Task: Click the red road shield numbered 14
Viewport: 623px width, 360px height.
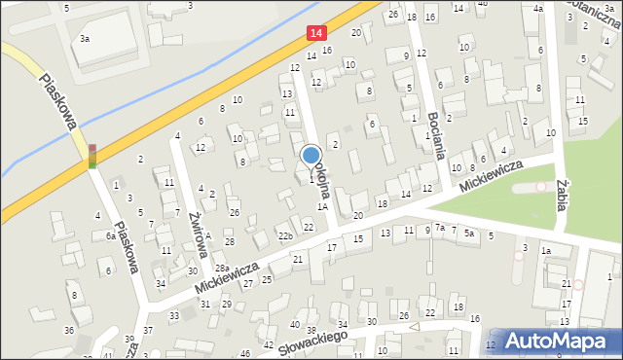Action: [x=314, y=33]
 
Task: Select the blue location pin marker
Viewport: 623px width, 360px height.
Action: [x=311, y=156]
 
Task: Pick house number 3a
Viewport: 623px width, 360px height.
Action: [x=86, y=39]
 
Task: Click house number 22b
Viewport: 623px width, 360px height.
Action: [x=284, y=236]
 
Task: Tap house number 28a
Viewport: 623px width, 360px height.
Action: [x=222, y=268]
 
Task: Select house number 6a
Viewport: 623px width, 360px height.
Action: [x=111, y=236]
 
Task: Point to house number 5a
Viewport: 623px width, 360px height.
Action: [x=468, y=234]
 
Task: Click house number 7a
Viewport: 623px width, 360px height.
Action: [x=439, y=228]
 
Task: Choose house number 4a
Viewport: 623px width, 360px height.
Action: [x=538, y=8]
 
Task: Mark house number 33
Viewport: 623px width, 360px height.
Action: [x=174, y=316]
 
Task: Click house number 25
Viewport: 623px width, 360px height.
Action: [x=266, y=279]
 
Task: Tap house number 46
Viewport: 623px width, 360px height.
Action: [x=244, y=353]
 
